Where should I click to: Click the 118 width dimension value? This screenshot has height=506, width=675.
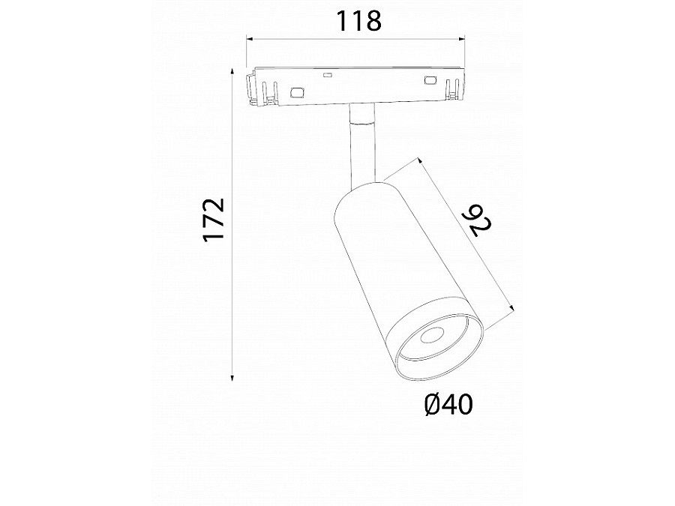coord(358,22)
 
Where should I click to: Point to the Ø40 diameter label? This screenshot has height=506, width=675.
coord(448,405)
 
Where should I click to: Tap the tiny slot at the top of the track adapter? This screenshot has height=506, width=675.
coord(327,74)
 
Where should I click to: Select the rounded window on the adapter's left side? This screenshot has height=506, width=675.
coord(297,93)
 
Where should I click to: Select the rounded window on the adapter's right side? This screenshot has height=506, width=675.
coord(430,80)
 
